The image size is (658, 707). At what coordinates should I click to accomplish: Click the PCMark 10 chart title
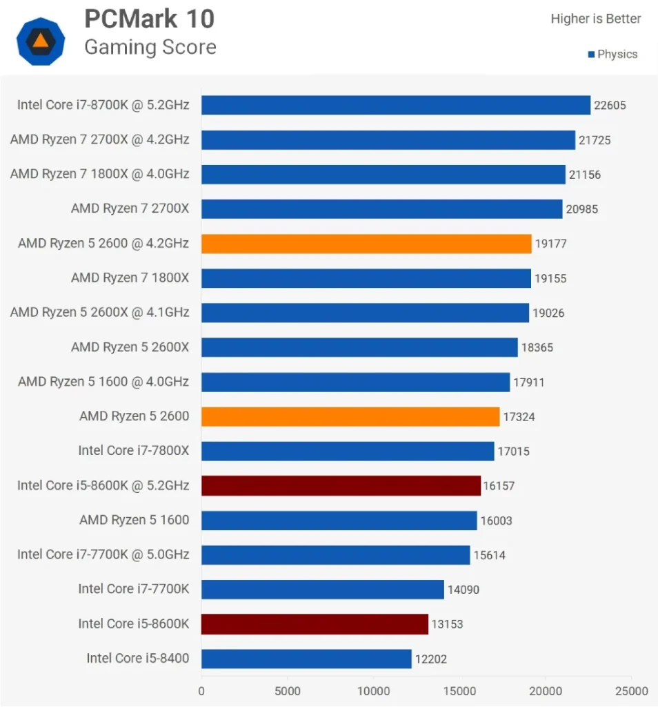point(149,19)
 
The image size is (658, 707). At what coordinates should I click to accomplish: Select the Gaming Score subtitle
point(150,47)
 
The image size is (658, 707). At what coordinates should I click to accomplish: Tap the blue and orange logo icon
point(41,41)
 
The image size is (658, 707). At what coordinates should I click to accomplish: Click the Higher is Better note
point(595,19)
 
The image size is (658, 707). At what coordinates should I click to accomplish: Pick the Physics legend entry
point(612,54)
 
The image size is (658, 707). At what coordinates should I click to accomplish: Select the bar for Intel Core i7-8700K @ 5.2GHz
point(395,105)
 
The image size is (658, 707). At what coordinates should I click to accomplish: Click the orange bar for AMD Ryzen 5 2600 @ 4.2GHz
point(366,243)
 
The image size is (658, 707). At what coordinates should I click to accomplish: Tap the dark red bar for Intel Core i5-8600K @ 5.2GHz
point(341,485)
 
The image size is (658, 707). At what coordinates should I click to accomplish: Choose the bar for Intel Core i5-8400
point(306,659)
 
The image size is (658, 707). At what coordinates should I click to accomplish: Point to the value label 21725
point(595,140)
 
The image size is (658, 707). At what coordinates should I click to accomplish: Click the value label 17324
point(519,417)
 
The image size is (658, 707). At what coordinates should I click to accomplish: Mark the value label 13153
point(447,624)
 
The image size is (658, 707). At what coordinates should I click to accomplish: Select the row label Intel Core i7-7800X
point(133,451)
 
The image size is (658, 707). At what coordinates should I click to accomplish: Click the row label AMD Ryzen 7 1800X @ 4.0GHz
point(99,174)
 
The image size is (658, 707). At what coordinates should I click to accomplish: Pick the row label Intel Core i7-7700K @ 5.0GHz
point(103,554)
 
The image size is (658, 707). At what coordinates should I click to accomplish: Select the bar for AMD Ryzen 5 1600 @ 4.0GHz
point(355,382)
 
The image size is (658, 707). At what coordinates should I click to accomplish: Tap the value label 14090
point(463,590)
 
